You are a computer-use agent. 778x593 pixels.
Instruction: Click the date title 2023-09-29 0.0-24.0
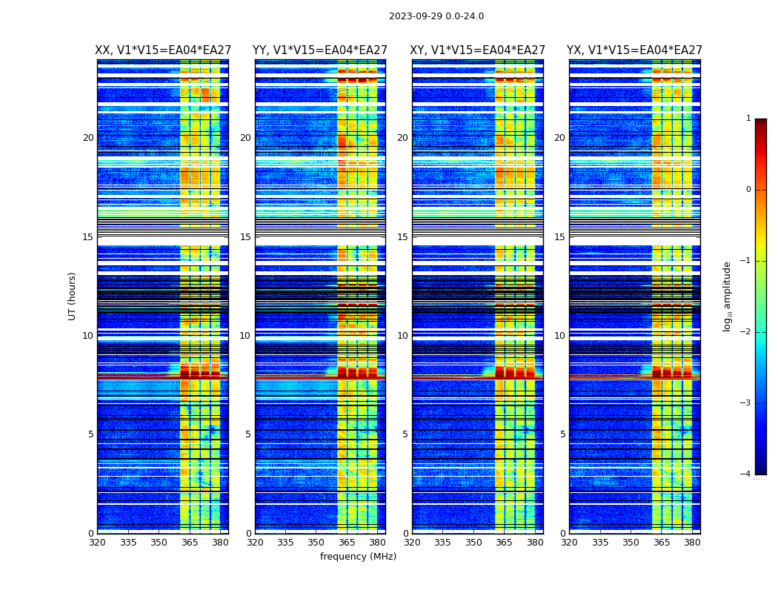[436, 16]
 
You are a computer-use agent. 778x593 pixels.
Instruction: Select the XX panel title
[163, 50]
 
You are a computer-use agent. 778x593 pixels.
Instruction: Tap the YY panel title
[320, 50]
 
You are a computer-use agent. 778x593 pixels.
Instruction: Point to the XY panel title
[478, 50]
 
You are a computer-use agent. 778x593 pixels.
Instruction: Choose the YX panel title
[635, 50]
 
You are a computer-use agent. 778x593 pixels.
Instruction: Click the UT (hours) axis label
[72, 296]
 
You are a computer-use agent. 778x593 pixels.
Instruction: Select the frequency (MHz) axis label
[358, 557]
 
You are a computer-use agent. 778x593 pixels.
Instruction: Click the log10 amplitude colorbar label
[728, 296]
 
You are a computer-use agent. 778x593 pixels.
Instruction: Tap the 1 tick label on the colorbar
[748, 119]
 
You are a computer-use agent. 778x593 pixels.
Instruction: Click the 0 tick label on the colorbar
[748, 190]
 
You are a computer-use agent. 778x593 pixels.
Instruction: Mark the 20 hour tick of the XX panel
[88, 138]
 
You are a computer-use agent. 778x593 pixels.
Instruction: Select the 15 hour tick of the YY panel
[245, 237]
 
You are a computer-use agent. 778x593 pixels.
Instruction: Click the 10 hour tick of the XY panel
[402, 336]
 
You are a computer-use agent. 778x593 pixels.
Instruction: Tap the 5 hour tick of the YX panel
[562, 434]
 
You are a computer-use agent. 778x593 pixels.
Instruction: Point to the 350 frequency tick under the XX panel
[159, 543]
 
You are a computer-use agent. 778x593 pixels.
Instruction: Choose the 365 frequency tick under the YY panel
[348, 543]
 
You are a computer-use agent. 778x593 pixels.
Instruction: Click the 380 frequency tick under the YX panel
[692, 543]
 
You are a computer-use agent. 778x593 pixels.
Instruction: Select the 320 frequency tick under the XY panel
[412, 543]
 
